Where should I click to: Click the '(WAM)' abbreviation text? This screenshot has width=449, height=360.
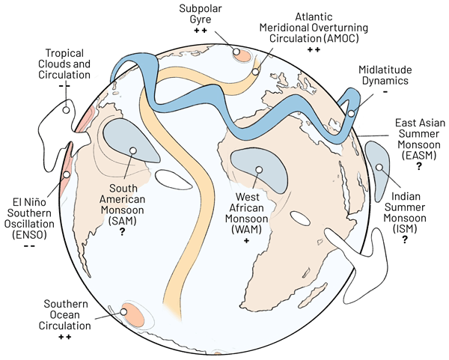click(x=247, y=231)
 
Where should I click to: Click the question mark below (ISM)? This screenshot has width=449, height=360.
click(x=405, y=240)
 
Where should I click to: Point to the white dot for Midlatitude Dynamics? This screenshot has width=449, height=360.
click(x=351, y=114)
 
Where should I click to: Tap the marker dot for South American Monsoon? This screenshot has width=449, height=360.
click(x=132, y=150)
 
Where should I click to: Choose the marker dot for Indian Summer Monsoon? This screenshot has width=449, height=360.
click(x=379, y=167)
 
